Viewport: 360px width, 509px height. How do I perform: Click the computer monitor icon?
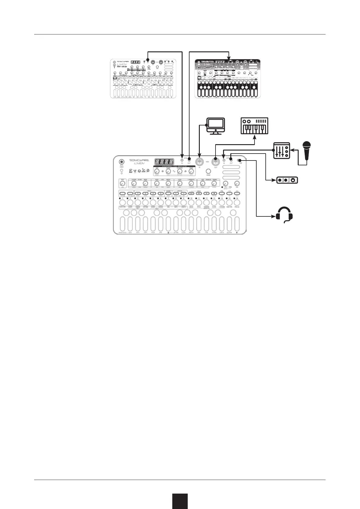[x=215, y=125]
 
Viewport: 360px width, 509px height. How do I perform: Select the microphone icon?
[x=307, y=151]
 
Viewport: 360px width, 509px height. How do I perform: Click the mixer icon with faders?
[x=281, y=150]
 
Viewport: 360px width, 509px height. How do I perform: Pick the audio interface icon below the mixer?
[x=287, y=180]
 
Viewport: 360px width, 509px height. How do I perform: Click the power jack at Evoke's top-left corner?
[x=122, y=161]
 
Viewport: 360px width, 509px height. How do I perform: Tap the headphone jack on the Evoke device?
[x=239, y=160]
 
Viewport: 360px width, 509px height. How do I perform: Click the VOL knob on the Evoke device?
[x=237, y=183]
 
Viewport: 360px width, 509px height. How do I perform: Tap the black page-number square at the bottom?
[x=180, y=501]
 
